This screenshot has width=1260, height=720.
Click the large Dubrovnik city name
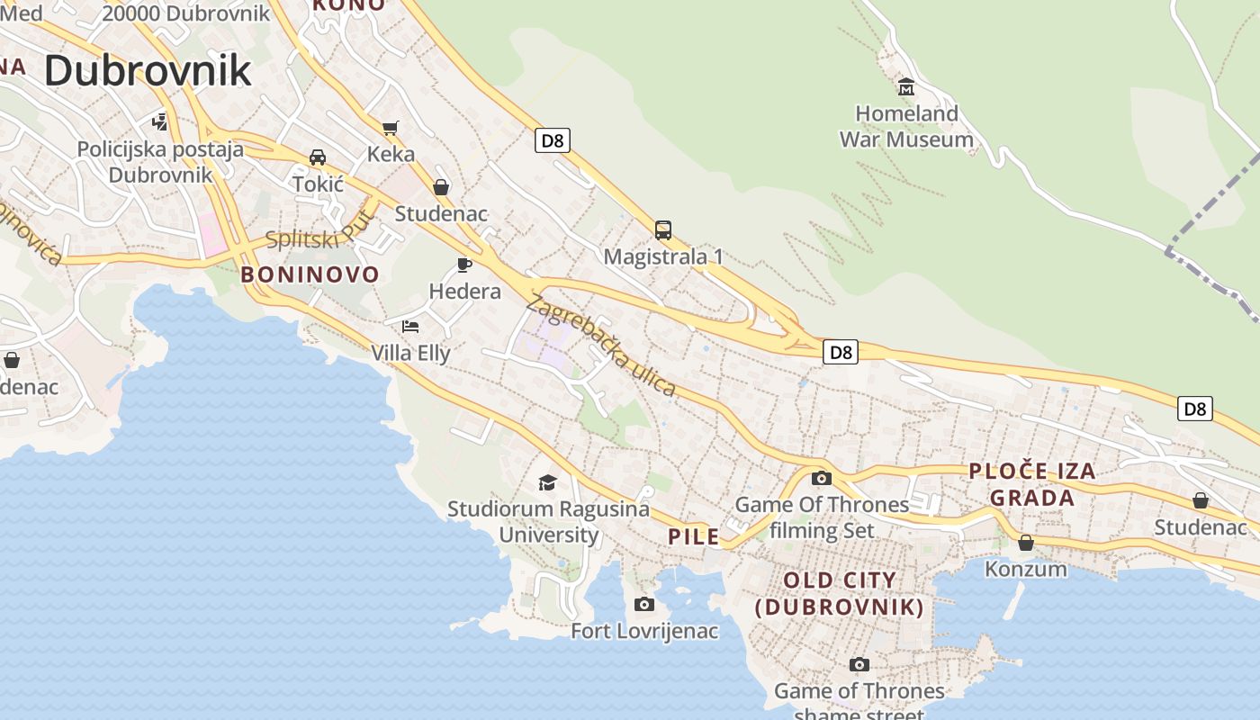148,70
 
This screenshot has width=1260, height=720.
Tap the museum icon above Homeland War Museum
906,87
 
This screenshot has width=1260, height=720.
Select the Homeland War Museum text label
906,127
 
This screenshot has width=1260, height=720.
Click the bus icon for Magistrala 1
663,230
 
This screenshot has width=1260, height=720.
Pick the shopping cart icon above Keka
390,128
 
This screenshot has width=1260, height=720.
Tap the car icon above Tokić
318,157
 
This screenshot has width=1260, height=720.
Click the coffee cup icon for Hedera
464,265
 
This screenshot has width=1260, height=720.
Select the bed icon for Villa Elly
410,326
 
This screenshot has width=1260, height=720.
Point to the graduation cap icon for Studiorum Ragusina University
547,483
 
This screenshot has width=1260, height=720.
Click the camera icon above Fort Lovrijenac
644,604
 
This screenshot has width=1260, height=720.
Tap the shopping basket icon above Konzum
1025,543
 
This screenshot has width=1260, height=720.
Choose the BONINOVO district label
310,274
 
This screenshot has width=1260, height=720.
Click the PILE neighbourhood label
694,537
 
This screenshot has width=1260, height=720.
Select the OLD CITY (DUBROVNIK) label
840,594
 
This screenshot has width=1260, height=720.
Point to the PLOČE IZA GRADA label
1032,484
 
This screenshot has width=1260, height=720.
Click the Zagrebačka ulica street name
600,345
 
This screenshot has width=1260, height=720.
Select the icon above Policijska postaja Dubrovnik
160,121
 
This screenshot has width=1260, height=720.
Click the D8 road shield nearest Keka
553,140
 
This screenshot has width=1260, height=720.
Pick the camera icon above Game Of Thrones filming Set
822,478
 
